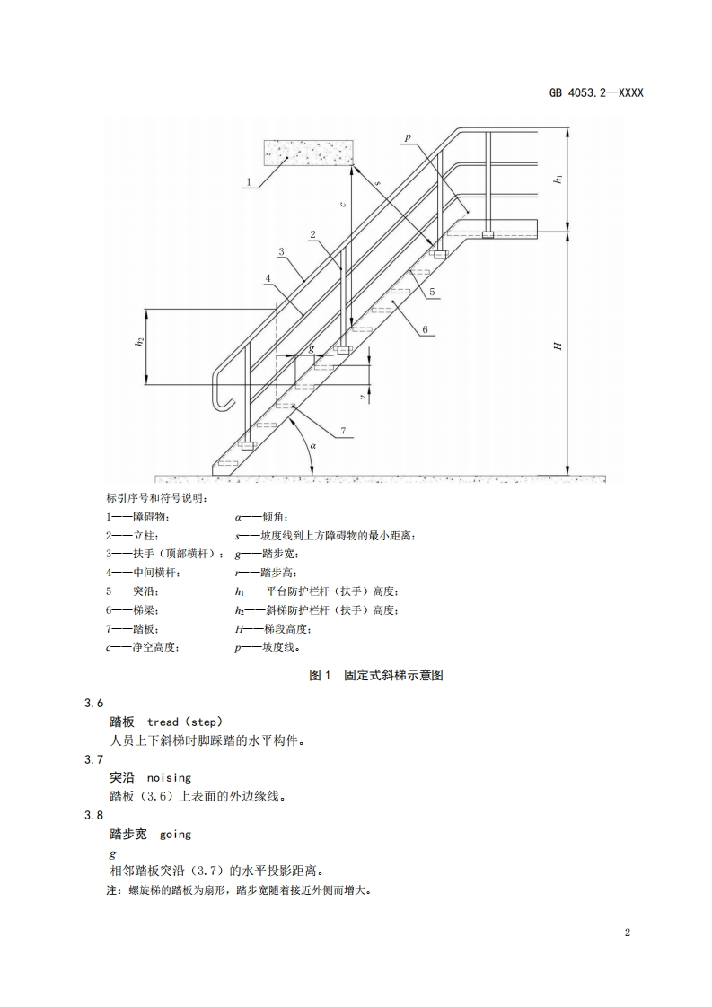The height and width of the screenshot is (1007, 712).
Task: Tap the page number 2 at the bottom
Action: point(628,932)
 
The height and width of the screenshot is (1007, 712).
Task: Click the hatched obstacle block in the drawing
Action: point(306,153)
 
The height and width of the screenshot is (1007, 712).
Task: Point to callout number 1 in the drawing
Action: point(248,181)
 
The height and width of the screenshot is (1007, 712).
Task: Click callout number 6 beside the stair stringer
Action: point(424,328)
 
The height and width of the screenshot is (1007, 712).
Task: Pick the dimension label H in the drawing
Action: point(558,346)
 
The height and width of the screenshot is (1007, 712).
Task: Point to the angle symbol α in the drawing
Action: point(312,444)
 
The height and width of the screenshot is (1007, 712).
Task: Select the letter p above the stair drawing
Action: point(407,137)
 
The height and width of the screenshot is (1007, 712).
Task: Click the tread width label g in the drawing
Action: point(311,348)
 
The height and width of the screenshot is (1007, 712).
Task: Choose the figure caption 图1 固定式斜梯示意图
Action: point(376,675)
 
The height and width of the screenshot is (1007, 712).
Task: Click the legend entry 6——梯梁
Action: point(135,609)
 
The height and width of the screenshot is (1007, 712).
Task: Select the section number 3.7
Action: point(94,759)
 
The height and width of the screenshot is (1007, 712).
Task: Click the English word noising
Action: point(169,777)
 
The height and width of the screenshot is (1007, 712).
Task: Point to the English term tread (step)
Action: point(185,722)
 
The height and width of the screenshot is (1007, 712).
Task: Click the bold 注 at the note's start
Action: point(111,891)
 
